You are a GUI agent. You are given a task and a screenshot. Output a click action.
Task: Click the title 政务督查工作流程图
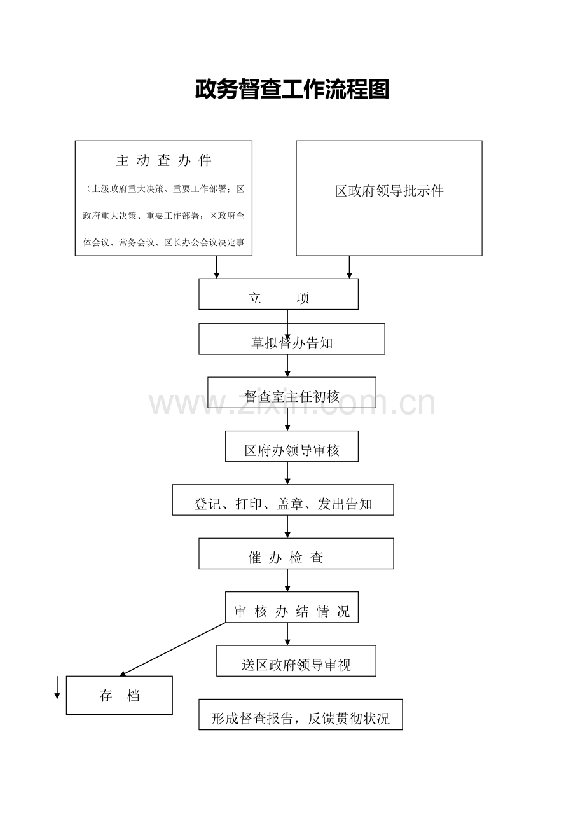292,89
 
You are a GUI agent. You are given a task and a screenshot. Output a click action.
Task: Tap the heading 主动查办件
163,160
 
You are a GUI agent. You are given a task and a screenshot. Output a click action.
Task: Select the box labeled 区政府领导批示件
389,198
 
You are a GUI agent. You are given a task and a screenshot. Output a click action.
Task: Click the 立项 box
279,294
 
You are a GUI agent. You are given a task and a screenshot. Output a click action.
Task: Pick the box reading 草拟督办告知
292,339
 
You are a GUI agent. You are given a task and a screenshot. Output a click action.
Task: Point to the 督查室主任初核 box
292,392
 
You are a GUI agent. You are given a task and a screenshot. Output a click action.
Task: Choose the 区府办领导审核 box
292,446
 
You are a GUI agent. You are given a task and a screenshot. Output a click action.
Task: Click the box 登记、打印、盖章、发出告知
283,500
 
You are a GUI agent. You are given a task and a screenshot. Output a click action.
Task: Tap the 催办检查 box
296,553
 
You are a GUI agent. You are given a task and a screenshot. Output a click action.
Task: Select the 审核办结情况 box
292,607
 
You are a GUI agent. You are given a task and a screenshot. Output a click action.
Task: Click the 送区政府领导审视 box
296,661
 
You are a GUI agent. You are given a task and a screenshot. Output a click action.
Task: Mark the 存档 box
120,695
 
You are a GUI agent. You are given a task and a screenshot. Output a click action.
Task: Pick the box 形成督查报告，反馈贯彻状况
300,715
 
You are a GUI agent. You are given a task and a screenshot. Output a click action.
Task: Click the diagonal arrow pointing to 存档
172,649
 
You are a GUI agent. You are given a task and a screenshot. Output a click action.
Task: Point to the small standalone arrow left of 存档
57,687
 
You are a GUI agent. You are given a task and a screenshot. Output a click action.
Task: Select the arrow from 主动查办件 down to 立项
217,267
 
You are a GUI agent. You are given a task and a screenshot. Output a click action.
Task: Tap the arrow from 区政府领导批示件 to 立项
349,267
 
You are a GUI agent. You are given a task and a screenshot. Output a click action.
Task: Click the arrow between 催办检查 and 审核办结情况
287,580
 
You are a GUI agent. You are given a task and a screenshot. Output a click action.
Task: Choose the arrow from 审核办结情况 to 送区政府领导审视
287,634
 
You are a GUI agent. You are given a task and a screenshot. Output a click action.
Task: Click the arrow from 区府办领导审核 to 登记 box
287,473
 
